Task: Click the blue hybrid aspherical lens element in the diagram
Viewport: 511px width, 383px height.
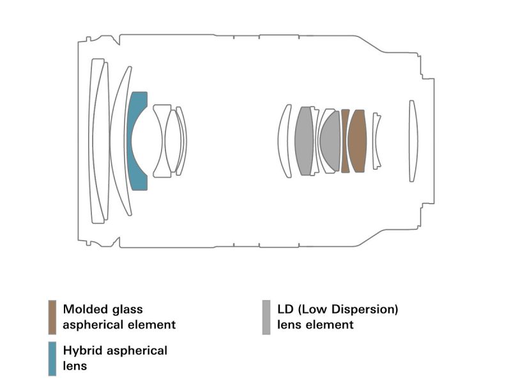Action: [x=135, y=141]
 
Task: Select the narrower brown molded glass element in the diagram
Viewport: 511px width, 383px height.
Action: [x=346, y=141]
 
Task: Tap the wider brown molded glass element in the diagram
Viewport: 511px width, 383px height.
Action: [x=357, y=141]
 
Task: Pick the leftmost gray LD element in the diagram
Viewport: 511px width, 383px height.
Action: [x=304, y=141]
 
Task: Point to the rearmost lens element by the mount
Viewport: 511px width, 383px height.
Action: [x=413, y=141]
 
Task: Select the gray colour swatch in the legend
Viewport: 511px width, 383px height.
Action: [x=266, y=317]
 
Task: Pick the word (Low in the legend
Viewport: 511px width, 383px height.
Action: [x=312, y=310]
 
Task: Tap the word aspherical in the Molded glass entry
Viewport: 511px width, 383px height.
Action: [x=94, y=325]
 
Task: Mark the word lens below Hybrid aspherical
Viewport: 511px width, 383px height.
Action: [x=75, y=366]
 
